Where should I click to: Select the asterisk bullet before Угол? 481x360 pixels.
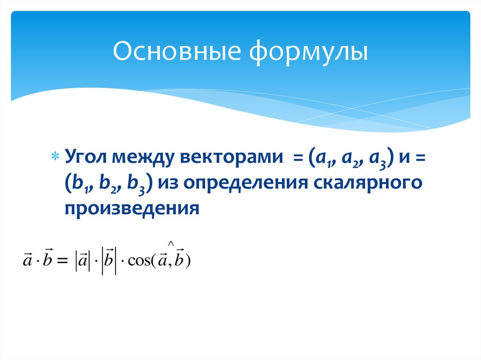[55, 156]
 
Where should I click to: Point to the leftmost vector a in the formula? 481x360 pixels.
[27, 260]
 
